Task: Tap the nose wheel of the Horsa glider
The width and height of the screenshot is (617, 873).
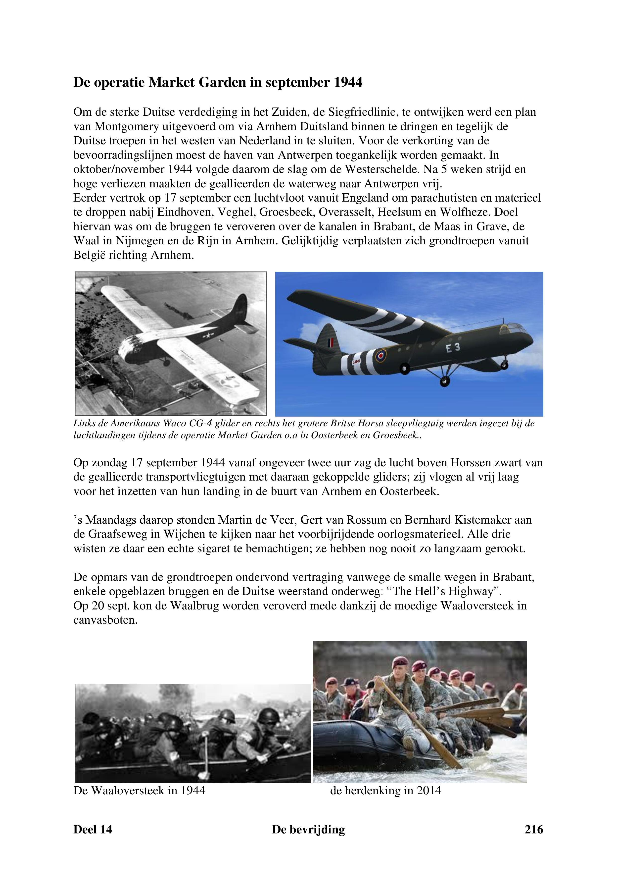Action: (504, 365)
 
